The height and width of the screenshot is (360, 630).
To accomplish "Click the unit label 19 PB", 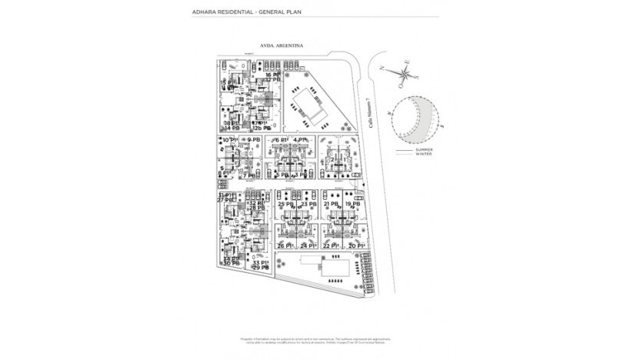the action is [353, 205].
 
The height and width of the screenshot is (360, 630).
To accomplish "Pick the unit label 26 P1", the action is [285, 245].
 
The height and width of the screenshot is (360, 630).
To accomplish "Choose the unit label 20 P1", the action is [355, 245].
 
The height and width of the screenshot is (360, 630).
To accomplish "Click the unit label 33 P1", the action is [261, 262].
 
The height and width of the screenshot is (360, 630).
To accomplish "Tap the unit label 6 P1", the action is [282, 140].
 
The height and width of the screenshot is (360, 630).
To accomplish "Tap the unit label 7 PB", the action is [250, 176].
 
